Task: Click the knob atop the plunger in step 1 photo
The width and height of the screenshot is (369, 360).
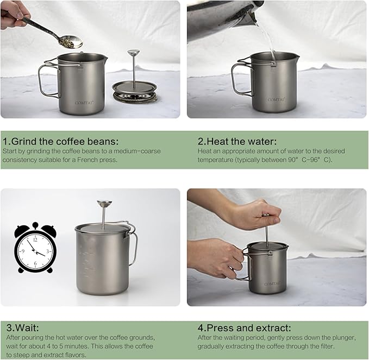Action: [x=133, y=53]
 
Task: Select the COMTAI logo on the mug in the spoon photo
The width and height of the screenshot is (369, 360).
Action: [x=84, y=100]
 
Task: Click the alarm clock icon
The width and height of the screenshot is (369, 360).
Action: [x=35, y=247]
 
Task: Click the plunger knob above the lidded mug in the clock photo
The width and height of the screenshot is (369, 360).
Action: [x=104, y=204]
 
